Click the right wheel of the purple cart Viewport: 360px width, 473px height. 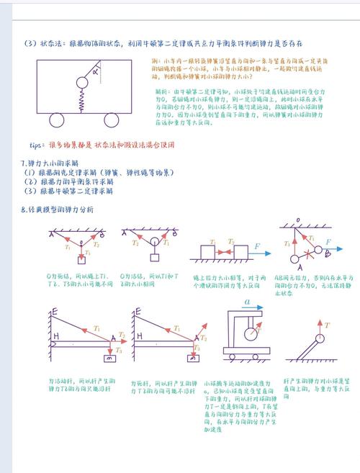[x=114, y=120]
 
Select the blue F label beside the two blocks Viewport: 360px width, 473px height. [x=258, y=246]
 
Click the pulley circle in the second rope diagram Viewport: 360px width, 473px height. [x=151, y=243]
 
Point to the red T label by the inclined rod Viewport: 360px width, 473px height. [x=328, y=325]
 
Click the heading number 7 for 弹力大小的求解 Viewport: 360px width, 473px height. [x=23, y=163]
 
